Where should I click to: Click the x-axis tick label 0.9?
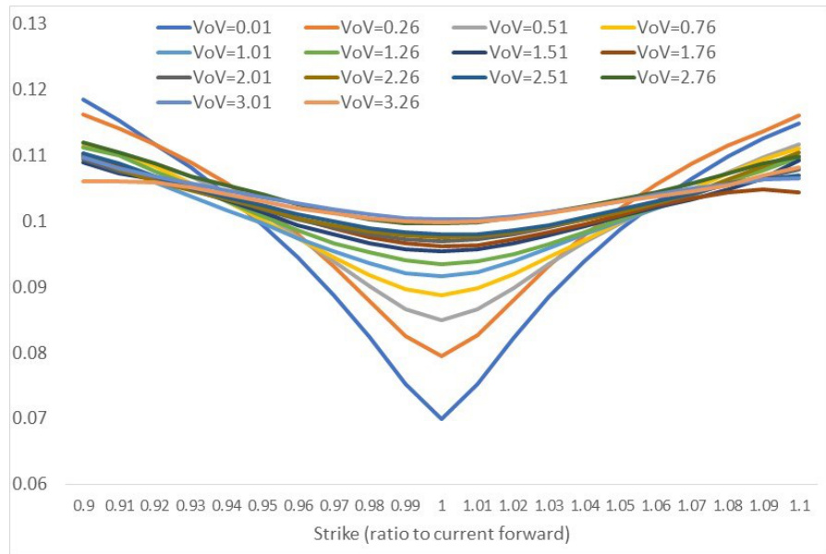83,506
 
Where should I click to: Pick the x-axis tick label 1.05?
622,506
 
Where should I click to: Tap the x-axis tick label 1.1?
801,506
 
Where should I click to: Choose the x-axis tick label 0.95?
262,506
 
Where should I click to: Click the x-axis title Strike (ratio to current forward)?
442,535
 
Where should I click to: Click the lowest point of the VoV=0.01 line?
442,418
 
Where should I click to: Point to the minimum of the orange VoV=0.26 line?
442,355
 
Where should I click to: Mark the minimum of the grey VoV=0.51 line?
442,320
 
